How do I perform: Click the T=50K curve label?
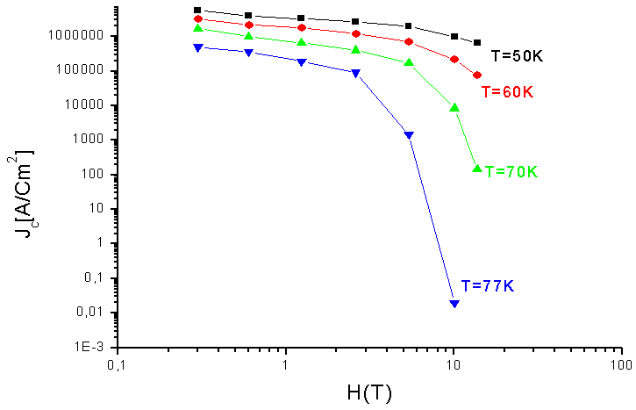pyautogui.click(x=518, y=55)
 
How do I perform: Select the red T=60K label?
pyautogui.click(x=508, y=91)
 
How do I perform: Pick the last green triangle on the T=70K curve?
pyautogui.click(x=477, y=168)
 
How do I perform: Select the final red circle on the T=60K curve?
pyautogui.click(x=477, y=76)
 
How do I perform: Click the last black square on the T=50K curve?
pyautogui.click(x=477, y=42)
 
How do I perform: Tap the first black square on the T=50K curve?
pyautogui.click(x=197, y=11)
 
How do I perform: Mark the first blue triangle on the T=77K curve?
pyautogui.click(x=197, y=48)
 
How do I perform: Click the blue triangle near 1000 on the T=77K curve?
pyautogui.click(x=409, y=135)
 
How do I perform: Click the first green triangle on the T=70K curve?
pyautogui.click(x=197, y=29)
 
